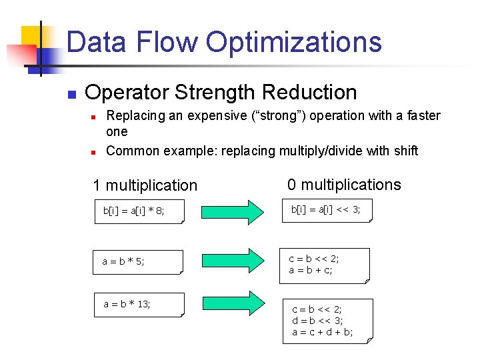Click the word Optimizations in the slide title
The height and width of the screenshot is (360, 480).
pos(293,42)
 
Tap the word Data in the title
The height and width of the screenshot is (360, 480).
pos(97,42)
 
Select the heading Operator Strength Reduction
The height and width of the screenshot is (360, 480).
pos(221,92)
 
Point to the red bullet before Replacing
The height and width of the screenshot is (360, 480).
pos(95,116)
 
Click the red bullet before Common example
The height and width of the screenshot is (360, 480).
pos(95,151)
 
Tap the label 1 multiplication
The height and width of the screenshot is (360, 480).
pos(145,185)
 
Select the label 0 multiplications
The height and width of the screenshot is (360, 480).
pos(344,185)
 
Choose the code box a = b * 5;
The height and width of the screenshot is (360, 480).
pos(138,262)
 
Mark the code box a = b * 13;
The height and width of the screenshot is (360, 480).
pos(138,305)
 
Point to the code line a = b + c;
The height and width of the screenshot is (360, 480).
pos(311,270)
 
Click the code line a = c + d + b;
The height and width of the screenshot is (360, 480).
pos(323,331)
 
